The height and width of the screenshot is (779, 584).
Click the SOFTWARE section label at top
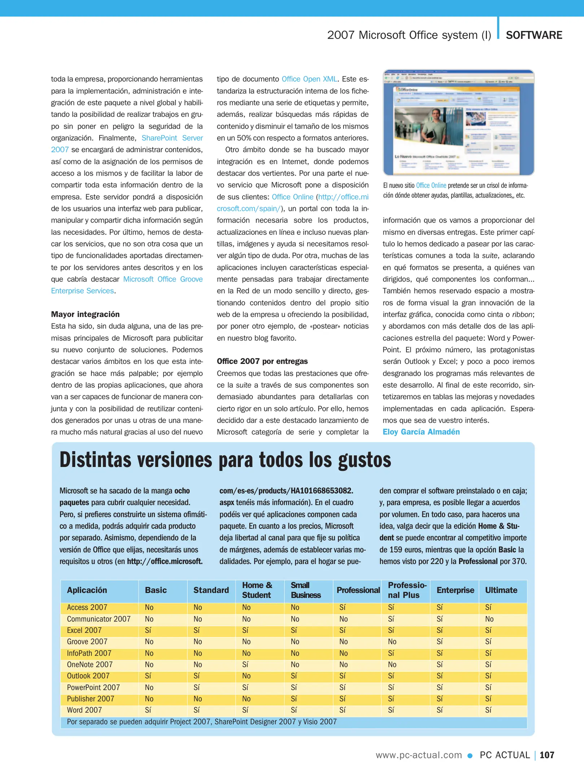tap(534, 35)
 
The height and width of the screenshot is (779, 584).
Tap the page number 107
tap(547, 755)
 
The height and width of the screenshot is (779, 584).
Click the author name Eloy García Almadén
tap(421, 432)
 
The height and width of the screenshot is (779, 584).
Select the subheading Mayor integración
tap(85, 314)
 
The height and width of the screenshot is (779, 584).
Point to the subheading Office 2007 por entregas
tap(262, 361)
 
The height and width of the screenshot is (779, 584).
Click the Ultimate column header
tap(501, 590)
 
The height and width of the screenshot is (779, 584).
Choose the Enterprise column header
tap(455, 590)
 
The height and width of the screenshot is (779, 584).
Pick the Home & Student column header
tap(257, 590)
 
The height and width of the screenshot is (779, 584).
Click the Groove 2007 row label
tap(87, 642)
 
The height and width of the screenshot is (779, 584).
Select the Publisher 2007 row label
tap(90, 699)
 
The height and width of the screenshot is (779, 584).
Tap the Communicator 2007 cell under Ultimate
tap(489, 619)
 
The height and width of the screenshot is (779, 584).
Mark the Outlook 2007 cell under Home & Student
tap(246, 676)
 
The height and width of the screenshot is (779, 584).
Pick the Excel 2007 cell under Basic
tap(148, 630)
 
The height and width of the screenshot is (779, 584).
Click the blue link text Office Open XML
tap(309, 79)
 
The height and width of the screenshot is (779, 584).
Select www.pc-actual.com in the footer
tap(419, 755)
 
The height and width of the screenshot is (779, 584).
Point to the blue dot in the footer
tap(470, 756)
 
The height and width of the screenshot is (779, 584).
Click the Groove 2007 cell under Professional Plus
tap(392, 642)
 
